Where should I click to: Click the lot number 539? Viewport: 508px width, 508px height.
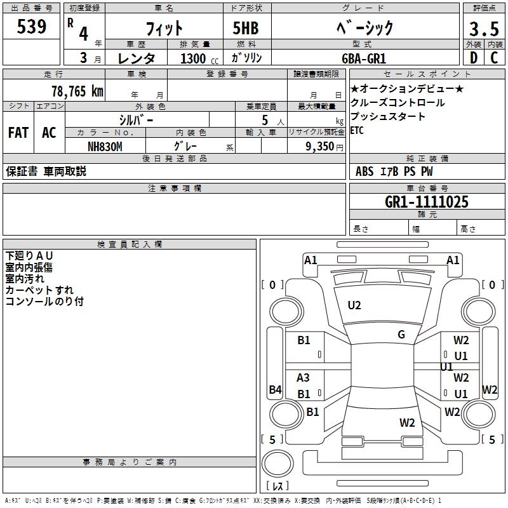tap(31, 27)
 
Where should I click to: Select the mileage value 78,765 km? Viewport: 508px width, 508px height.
tap(77, 91)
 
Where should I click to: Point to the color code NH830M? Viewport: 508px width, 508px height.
tap(105, 146)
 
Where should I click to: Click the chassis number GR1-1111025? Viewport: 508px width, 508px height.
tap(427, 203)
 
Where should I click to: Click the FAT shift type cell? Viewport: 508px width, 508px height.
tap(18, 133)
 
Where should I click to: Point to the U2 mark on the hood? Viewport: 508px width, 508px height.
tap(354, 305)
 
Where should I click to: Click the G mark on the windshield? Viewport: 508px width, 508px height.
tap(401, 335)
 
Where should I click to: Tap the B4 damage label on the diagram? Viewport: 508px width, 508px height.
tap(275, 390)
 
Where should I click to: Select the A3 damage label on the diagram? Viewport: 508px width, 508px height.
tap(304, 378)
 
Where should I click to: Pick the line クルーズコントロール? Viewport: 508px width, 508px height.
tap(398, 103)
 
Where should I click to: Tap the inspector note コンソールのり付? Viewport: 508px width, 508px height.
tap(44, 302)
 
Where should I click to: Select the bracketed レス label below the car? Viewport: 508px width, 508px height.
tap(277, 486)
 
